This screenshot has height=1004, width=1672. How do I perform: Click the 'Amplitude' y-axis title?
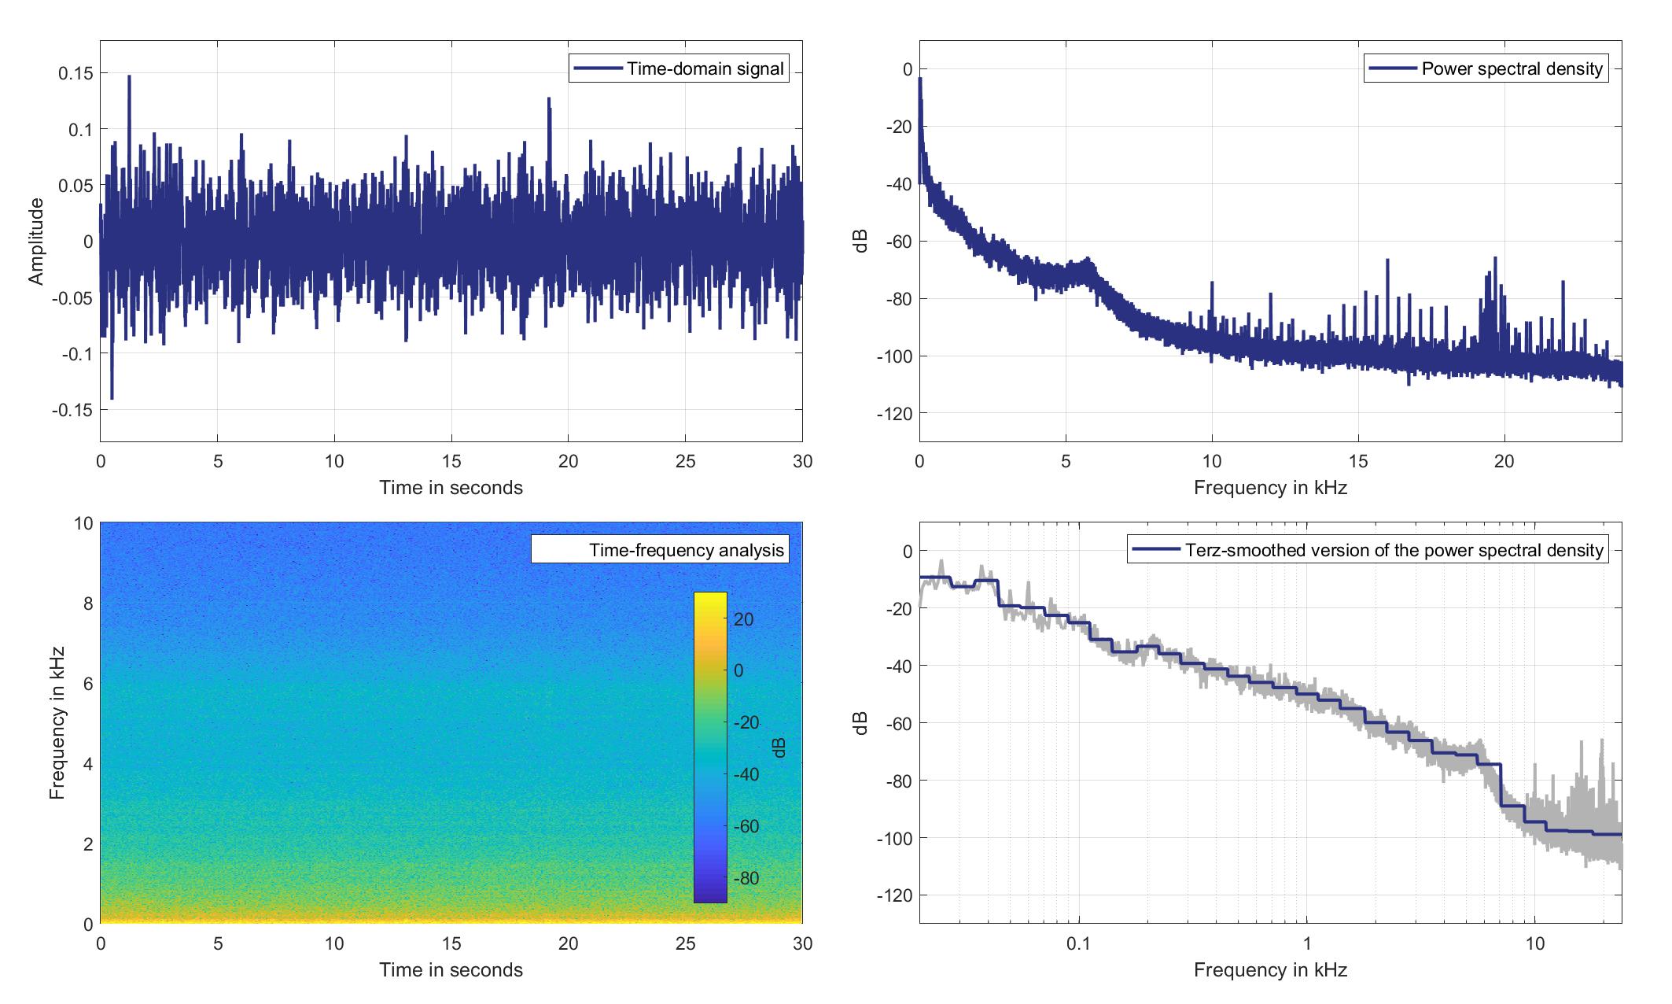(x=36, y=242)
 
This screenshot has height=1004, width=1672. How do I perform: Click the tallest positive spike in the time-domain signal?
(x=129, y=77)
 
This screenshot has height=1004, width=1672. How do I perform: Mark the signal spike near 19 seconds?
(x=549, y=100)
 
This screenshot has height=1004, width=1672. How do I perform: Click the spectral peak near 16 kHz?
(x=1388, y=260)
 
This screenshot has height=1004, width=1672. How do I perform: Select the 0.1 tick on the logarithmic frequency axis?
(x=1079, y=943)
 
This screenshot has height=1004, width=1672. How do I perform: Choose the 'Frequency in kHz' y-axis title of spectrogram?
(x=57, y=723)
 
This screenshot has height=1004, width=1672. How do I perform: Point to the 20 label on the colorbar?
(x=743, y=619)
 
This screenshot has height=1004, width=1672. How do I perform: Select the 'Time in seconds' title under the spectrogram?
(x=451, y=970)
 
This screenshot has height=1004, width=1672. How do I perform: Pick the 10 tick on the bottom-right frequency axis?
(x=1535, y=943)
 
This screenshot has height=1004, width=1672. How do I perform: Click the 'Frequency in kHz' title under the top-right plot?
(x=1270, y=488)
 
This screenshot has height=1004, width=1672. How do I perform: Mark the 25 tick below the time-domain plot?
(x=685, y=461)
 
